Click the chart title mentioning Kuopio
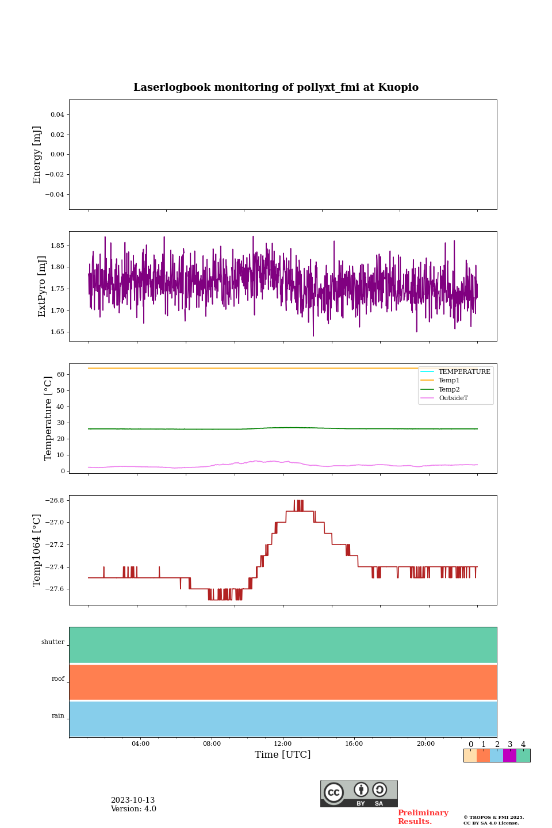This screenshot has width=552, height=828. coord(276,87)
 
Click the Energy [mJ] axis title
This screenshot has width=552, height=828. coord(37,155)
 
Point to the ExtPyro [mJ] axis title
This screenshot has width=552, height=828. coord(42,286)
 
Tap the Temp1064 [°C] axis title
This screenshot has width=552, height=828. coord(37,550)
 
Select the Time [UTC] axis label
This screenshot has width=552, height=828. coord(282,755)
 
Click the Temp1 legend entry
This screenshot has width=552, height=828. coord(449,381)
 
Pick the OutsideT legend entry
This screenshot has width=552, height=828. coord(453,398)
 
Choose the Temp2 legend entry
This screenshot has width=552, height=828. coord(449,390)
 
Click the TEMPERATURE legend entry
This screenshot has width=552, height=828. coord(464,372)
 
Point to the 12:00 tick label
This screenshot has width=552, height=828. coord(283,744)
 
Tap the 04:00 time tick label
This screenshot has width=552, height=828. coord(140,744)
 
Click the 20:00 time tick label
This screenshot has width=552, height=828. coord(425,744)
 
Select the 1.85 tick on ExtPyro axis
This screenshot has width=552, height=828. coord(57,246)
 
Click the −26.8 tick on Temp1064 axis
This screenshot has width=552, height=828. coord(55,500)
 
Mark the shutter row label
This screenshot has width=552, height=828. coord(53,642)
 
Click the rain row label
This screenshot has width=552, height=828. coord(58,716)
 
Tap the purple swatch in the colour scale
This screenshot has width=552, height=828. coord(509,756)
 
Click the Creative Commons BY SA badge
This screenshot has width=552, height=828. coord(359,793)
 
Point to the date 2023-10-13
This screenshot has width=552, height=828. coord(133,800)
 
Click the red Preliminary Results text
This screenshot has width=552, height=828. coord(423,817)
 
